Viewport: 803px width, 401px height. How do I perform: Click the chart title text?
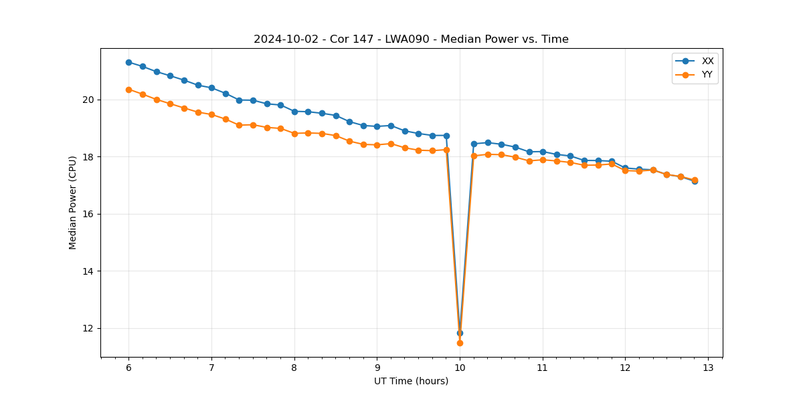click(x=411, y=39)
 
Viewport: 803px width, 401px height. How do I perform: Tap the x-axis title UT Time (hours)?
click(x=411, y=381)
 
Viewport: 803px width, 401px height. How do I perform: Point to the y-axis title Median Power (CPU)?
click(x=73, y=203)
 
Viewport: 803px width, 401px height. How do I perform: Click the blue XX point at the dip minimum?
click(x=460, y=333)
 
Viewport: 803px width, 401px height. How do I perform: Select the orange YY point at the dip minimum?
click(x=460, y=343)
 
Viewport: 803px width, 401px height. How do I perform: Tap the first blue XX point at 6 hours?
click(x=128, y=62)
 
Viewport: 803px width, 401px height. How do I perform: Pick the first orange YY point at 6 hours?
click(x=128, y=90)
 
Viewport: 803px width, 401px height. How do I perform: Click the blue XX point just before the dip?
click(x=446, y=136)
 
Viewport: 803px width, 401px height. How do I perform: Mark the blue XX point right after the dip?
click(x=474, y=144)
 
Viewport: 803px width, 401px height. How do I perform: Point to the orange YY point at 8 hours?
click(x=294, y=134)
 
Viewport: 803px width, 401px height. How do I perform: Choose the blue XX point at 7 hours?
click(x=211, y=88)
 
